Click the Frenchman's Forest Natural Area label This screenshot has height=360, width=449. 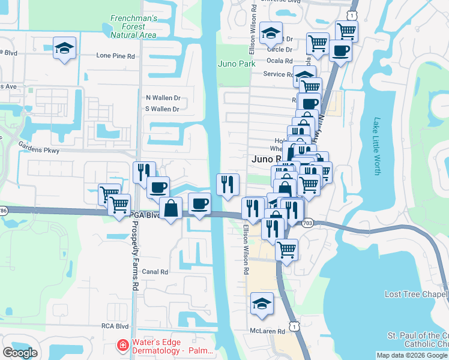click(133, 27)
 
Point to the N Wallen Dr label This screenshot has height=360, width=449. click(163, 98)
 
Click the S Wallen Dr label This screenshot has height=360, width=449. click(163, 109)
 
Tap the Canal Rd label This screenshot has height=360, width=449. click(155, 272)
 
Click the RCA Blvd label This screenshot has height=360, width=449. click(115, 326)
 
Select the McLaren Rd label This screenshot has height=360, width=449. click(267, 331)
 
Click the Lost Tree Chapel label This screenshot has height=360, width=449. click(417, 295)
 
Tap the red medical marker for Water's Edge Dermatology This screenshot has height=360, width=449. click(122, 346)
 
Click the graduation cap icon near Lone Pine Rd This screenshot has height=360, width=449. click(64, 49)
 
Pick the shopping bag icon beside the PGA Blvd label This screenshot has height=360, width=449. click(172, 208)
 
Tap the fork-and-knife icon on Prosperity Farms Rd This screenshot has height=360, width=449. click(144, 172)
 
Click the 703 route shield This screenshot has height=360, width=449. click(307, 223)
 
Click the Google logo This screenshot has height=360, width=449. click(20, 352)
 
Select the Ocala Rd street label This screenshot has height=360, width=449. click(280, 61)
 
